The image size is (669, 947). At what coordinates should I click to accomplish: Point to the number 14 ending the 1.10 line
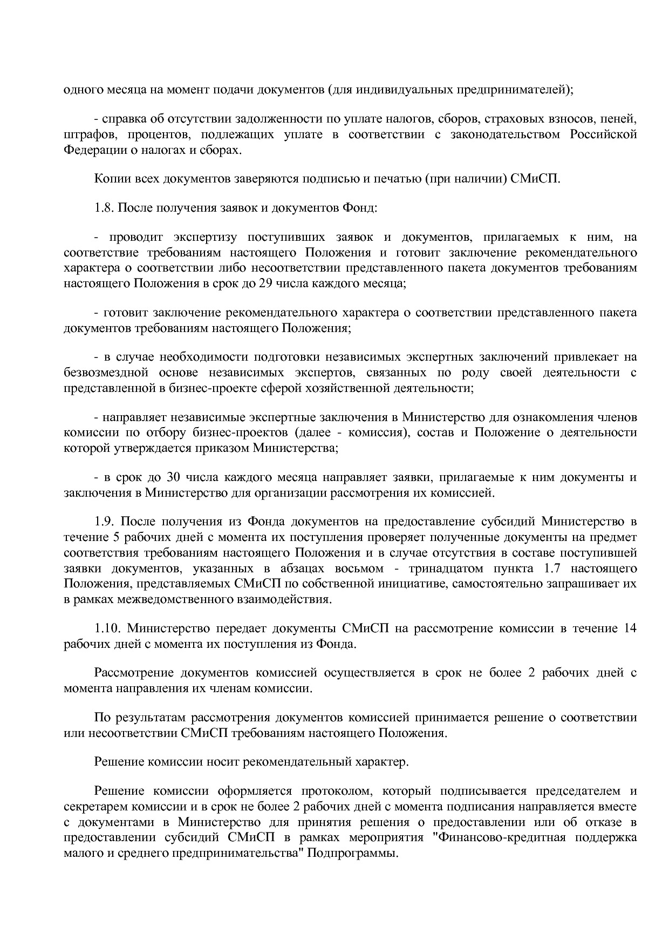[630, 628]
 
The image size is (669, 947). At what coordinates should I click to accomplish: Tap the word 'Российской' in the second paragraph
[603, 134]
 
